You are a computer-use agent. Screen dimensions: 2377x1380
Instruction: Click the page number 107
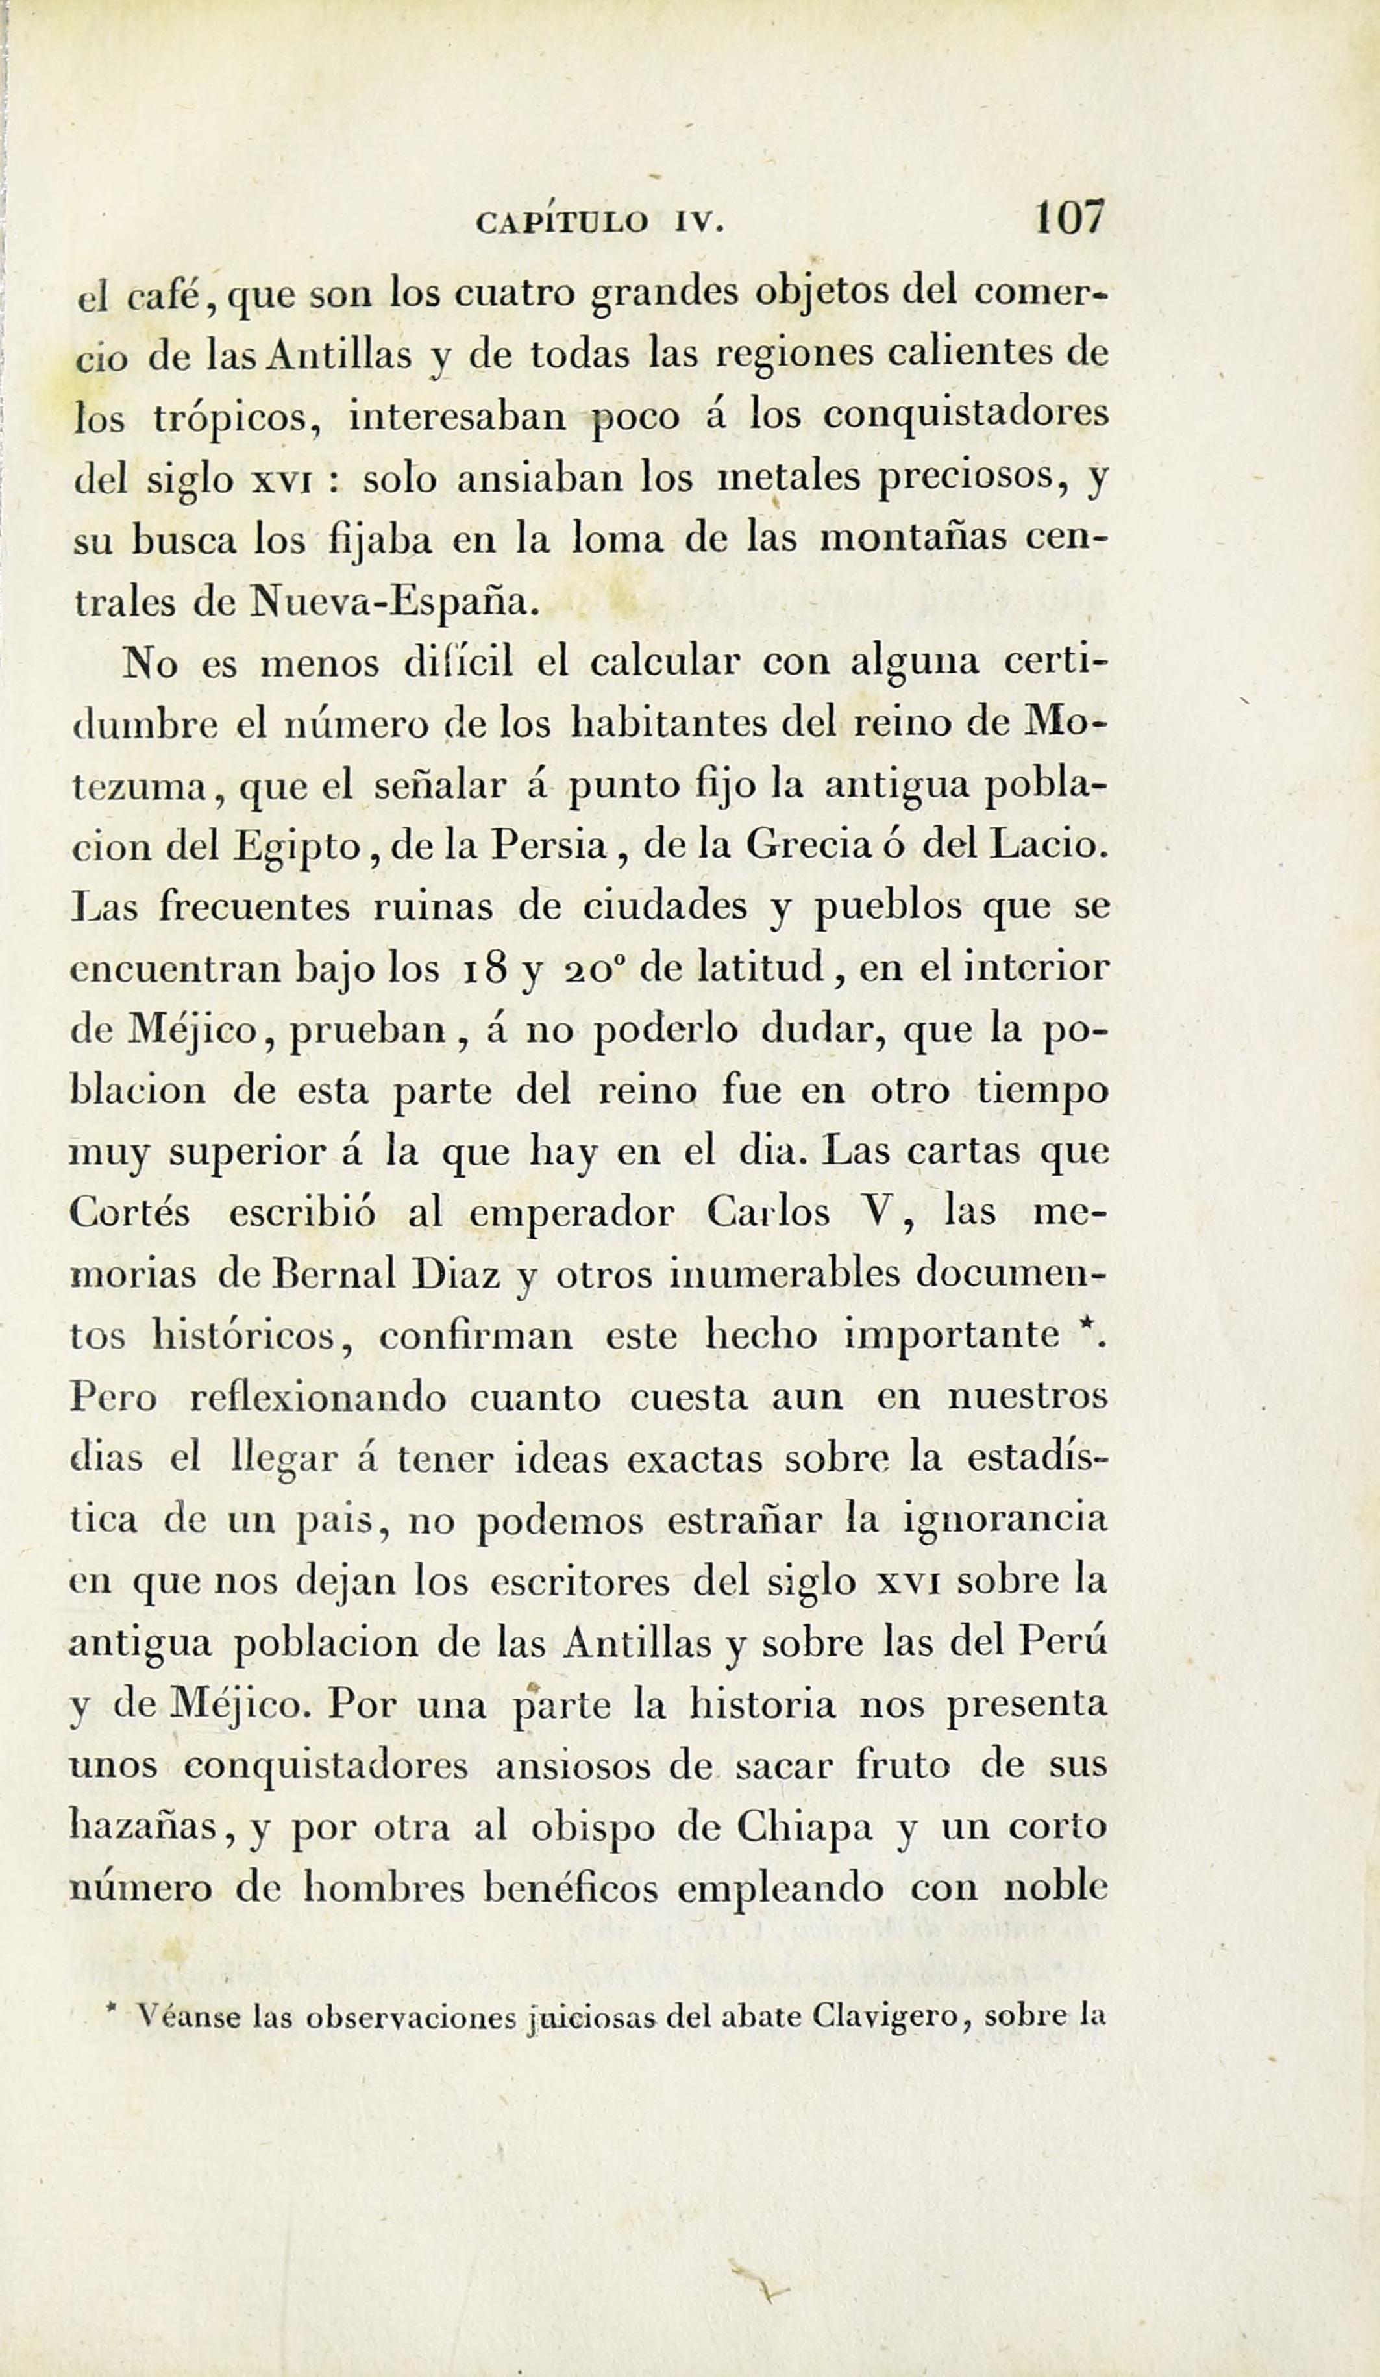pyautogui.click(x=1068, y=219)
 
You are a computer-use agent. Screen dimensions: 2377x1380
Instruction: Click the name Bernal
pyautogui.click(x=321, y=1275)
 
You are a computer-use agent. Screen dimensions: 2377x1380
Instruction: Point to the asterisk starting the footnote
pyautogui.click(x=112, y=2011)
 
